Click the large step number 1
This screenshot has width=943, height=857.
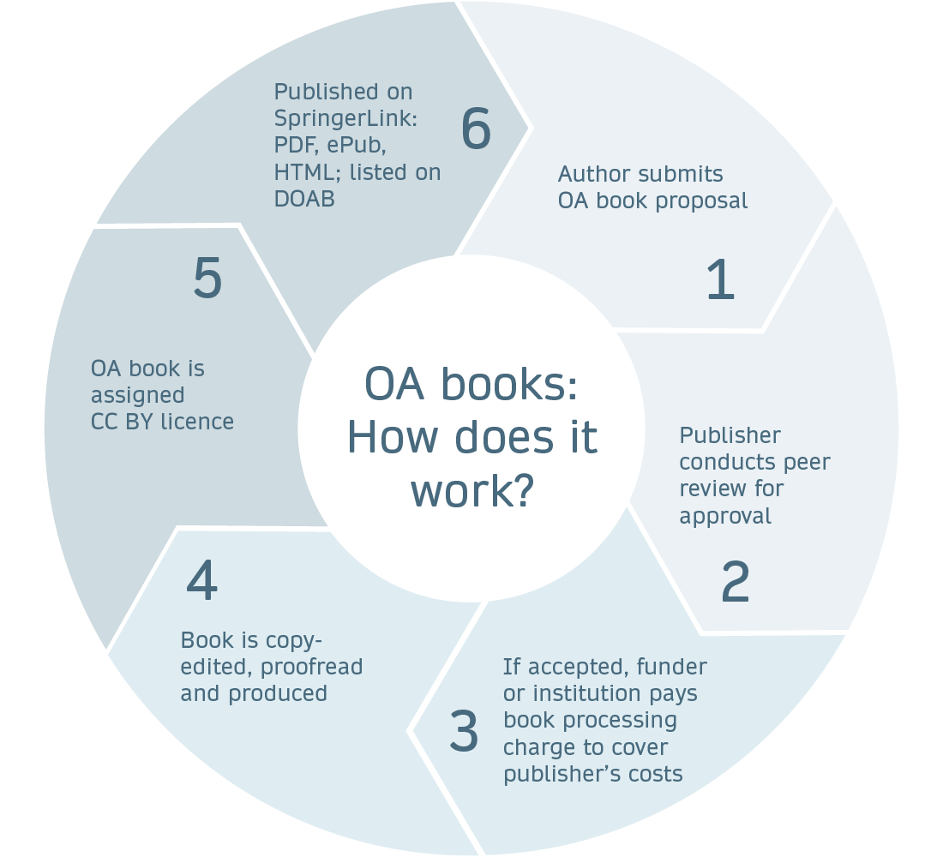pyautogui.click(x=720, y=279)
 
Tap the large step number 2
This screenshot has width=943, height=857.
pyautogui.click(x=735, y=582)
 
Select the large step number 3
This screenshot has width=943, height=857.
pyautogui.click(x=464, y=731)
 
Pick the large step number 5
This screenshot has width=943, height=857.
pyautogui.click(x=207, y=279)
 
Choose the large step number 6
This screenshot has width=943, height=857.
pyautogui.click(x=476, y=129)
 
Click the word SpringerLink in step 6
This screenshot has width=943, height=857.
pyautogui.click(x=345, y=118)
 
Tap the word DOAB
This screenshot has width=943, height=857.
pyautogui.click(x=304, y=199)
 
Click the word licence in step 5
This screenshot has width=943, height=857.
pyautogui.click(x=199, y=422)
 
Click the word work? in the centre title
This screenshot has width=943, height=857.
pyautogui.click(x=472, y=489)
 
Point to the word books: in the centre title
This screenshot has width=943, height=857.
pyautogui.click(x=508, y=385)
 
